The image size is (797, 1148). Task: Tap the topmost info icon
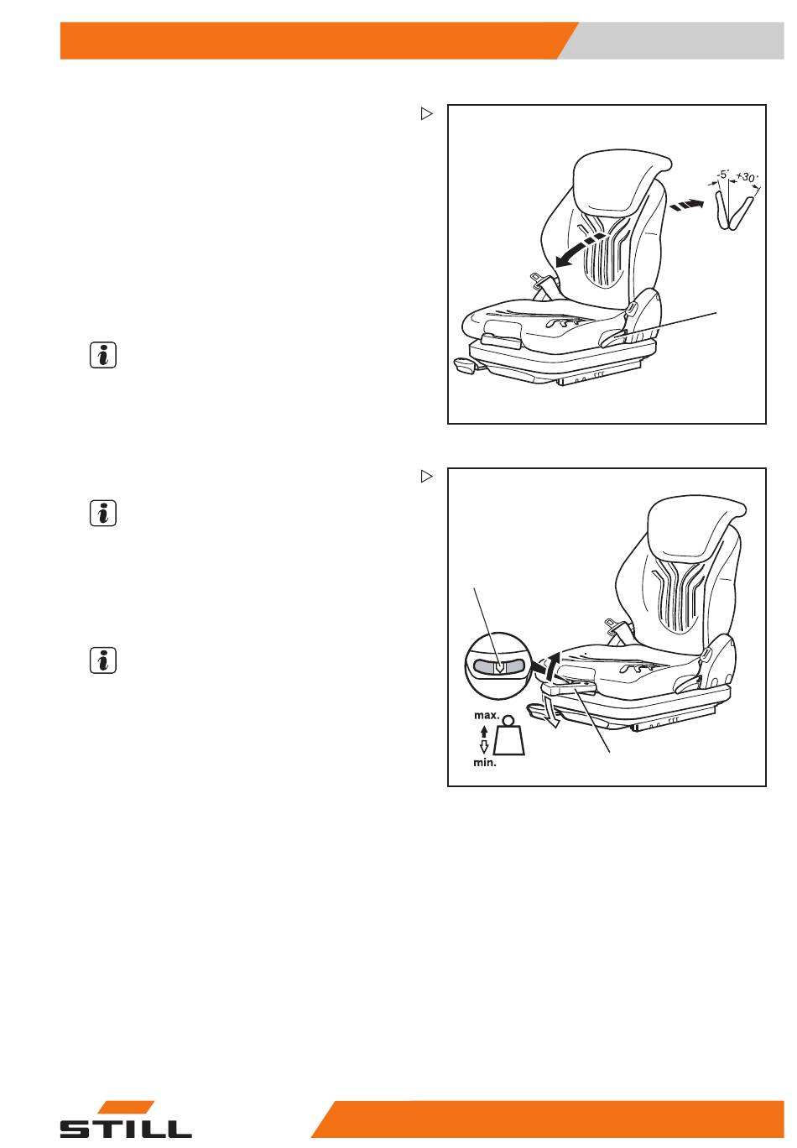point(103,355)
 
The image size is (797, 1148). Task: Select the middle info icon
point(103,513)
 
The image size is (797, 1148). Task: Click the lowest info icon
point(103,660)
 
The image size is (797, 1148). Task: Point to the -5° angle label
point(722,175)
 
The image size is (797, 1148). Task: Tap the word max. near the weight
point(487,715)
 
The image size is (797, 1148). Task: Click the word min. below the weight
point(485,762)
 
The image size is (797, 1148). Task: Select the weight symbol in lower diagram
point(509,735)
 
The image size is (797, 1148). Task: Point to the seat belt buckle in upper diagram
point(539,279)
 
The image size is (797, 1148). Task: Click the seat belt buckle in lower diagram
point(613,624)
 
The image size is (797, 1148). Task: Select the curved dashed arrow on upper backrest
point(581,249)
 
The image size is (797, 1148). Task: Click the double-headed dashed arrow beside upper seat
point(687,206)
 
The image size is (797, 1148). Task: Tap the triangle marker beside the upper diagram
point(426,113)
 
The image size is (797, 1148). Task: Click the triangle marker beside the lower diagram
point(426,476)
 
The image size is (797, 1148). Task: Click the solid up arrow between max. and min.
point(484,732)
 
